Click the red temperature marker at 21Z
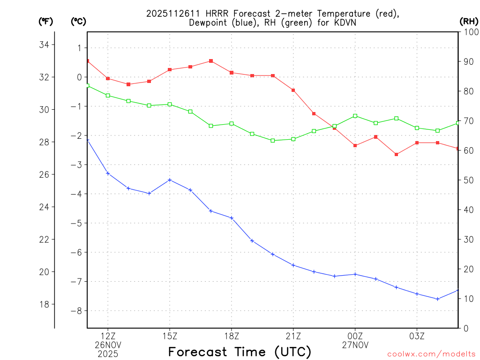coord(293,90)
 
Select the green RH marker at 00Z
coord(355,116)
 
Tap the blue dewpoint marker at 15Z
coord(170,180)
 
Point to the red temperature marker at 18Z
coord(232,73)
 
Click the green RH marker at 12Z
coord(108,96)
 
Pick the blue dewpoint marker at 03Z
coord(417,294)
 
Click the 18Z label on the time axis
coord(232,336)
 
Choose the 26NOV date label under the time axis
coord(108,345)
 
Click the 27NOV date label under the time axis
coord(355,345)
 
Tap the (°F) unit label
coord(45,21)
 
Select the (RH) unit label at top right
coord(469,21)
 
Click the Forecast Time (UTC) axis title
coord(240,352)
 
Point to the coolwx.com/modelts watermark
coord(431,354)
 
